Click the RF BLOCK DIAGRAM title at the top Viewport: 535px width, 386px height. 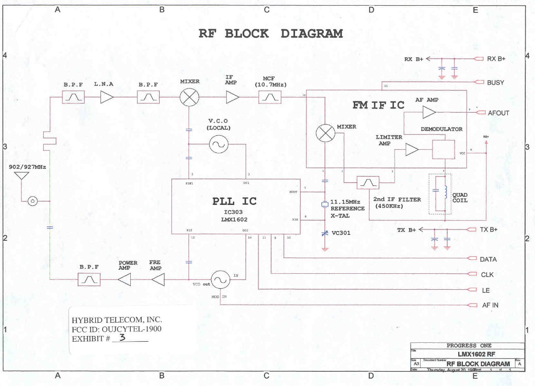(x=270, y=34)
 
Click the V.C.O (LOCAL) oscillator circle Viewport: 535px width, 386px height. (x=217, y=145)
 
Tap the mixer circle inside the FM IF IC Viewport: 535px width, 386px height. (x=325, y=133)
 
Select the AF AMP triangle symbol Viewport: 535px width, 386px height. (x=428, y=112)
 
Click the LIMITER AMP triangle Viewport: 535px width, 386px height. (x=412, y=150)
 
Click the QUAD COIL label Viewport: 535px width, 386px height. (x=459, y=198)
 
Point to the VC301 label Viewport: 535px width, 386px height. (x=342, y=233)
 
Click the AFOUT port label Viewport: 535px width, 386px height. (x=498, y=113)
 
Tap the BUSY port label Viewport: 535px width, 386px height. (x=495, y=82)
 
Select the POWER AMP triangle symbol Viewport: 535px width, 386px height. (x=124, y=279)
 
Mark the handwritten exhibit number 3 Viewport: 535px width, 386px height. (x=122, y=338)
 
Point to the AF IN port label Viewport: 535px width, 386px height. (x=490, y=305)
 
